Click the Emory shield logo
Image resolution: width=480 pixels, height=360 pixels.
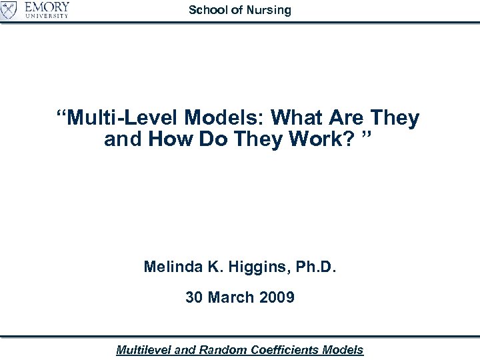(x=9, y=10)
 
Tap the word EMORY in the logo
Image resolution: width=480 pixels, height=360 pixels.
(x=47, y=7)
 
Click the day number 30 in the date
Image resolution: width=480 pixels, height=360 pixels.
(x=195, y=297)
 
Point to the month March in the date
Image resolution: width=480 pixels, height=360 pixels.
(x=233, y=297)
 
